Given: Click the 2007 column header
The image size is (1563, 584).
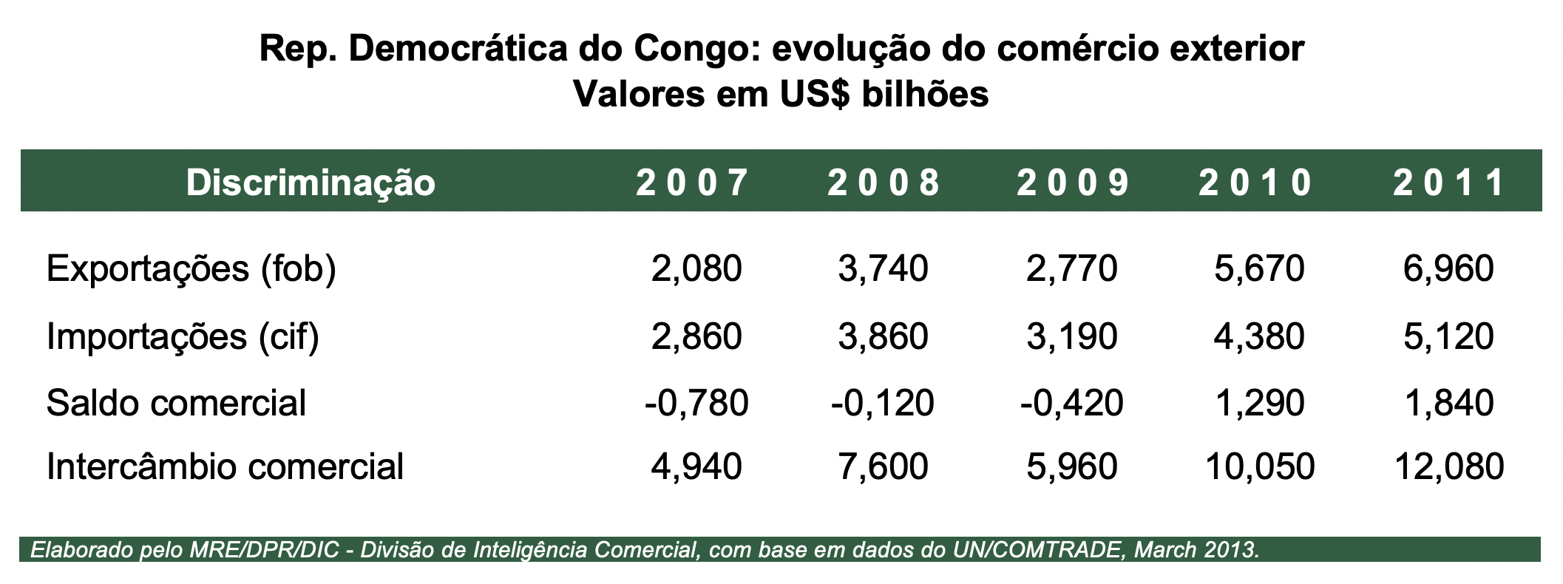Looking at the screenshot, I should [692, 183].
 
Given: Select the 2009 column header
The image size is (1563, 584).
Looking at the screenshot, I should [1073, 183].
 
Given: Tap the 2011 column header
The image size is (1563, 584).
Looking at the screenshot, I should [1448, 183].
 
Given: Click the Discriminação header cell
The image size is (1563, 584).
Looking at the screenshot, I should [311, 183].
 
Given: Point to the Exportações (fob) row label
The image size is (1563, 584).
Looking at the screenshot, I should [191, 269].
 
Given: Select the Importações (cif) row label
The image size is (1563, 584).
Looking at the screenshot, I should [183, 336].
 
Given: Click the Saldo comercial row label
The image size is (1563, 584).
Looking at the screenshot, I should [176, 403].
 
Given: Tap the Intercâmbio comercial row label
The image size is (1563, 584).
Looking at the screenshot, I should [225, 466].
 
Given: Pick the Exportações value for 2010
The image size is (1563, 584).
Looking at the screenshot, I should [1259, 269].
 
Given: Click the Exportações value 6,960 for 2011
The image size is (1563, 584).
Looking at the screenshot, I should [1448, 269].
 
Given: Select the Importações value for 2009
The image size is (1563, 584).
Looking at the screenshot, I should [1071, 336].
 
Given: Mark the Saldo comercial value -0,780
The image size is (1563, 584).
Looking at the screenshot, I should [696, 403].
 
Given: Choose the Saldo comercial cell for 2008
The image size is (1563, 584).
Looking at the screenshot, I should [882, 403].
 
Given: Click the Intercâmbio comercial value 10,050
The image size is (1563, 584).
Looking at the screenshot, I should [1259, 466].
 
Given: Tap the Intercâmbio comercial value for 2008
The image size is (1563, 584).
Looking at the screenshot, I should [883, 466].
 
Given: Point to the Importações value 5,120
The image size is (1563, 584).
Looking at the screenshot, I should [1448, 336].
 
